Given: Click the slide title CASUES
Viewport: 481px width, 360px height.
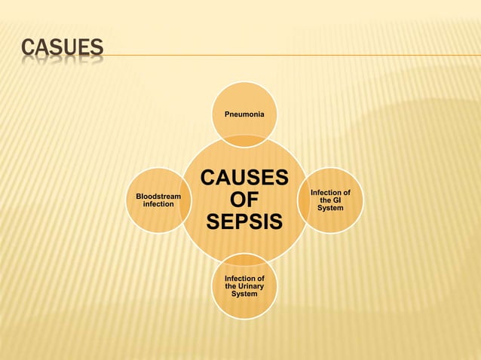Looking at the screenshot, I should coord(62,49).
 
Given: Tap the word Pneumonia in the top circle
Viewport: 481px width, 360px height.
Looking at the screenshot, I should coord(244,114).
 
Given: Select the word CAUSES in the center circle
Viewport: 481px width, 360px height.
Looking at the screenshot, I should coord(244,178).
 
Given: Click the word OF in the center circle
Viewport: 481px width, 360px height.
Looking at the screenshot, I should coord(244,200).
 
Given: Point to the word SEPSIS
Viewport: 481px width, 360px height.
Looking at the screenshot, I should coord(244,223).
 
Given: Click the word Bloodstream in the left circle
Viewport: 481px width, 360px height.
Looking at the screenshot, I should coord(158,197).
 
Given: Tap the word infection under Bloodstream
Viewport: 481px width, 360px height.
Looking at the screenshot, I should coord(158,204).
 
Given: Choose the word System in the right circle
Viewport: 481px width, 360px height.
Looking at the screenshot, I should coord(330,208).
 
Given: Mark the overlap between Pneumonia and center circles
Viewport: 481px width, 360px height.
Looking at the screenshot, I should coord(244,141).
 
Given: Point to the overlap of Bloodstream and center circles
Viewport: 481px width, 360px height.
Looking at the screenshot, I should coord(186,200).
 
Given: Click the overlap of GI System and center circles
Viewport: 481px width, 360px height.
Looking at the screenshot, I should coord(302,200).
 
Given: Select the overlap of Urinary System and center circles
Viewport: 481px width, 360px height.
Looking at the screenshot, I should coord(244,258).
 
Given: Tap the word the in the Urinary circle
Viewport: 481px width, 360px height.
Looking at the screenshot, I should coord(231,286).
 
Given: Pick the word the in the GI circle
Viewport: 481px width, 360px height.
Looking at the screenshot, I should coord(325,200).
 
